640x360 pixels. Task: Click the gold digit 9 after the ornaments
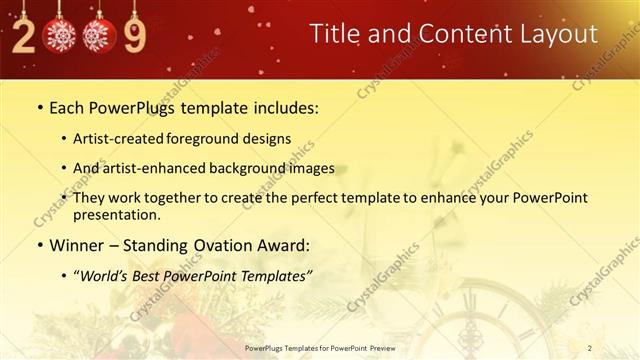click(134, 36)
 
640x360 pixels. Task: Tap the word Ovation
click(216, 244)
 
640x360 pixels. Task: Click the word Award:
click(283, 244)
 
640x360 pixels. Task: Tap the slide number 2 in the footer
click(589, 347)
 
